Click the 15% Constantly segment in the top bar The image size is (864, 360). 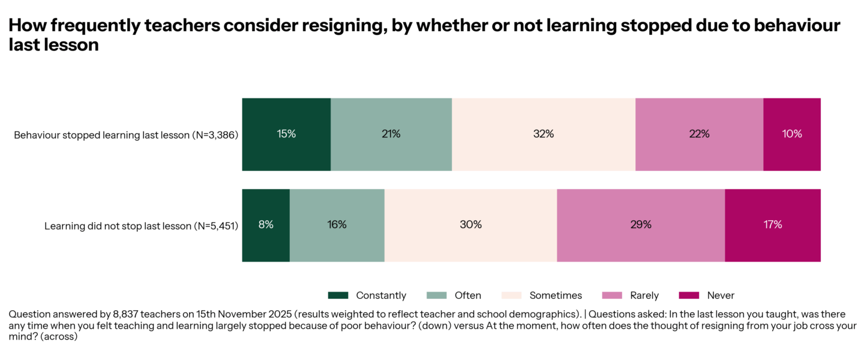coord(286,134)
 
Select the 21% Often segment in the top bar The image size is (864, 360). coord(391,134)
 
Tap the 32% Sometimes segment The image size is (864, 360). coord(544,134)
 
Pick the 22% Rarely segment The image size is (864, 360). coord(699,134)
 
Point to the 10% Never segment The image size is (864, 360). coord(792,134)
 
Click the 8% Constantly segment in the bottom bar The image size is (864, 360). coord(266,225)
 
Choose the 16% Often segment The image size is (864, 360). coord(337,225)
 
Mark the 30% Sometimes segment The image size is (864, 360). coord(470,225)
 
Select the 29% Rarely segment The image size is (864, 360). coord(641,225)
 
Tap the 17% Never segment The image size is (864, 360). coord(773,225)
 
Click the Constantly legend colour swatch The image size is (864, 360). coord(338,295)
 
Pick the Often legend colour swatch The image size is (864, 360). coord(436,295)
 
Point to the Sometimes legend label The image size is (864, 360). coord(556,295)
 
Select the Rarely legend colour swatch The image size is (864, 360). coord(611,295)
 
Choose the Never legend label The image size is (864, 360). coord(721,295)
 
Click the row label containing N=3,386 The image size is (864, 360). coord(126,135)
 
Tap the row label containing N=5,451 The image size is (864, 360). coord(141,226)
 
